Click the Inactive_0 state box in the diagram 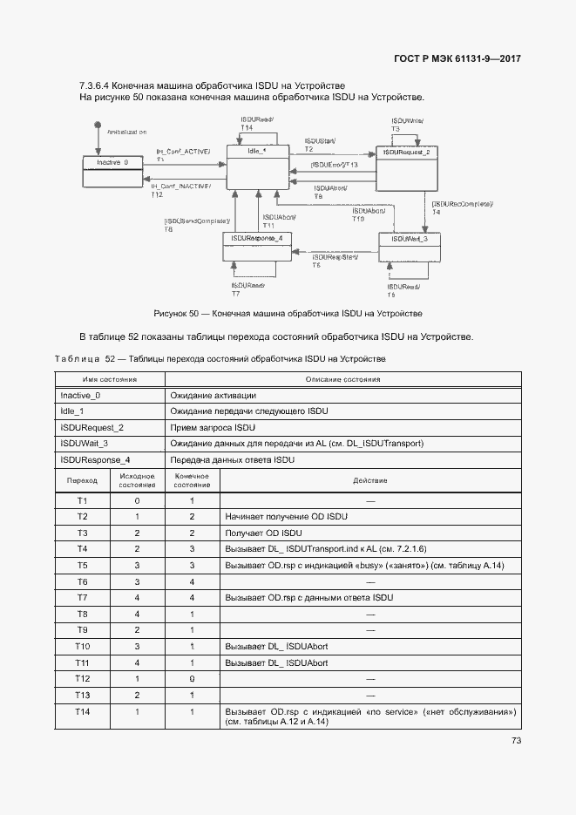[x=112, y=171]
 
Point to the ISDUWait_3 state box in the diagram [x=409, y=248]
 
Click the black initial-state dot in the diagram [x=98, y=128]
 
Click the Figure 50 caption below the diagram [x=288, y=312]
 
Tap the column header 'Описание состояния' [x=342, y=380]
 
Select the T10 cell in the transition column [x=82, y=646]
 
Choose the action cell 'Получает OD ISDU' [x=263, y=533]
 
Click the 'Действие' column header [x=370, y=480]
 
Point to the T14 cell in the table [x=82, y=712]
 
